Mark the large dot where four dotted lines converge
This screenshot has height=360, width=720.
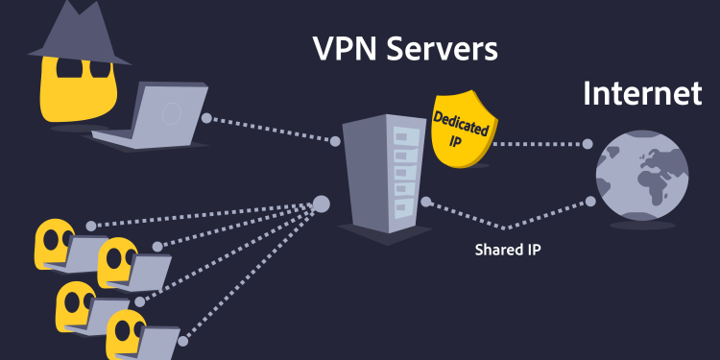pyautogui.click(x=322, y=204)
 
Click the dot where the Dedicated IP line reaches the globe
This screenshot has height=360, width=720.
pyautogui.click(x=588, y=144)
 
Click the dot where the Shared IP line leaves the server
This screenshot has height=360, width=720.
pyautogui.click(x=423, y=202)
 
